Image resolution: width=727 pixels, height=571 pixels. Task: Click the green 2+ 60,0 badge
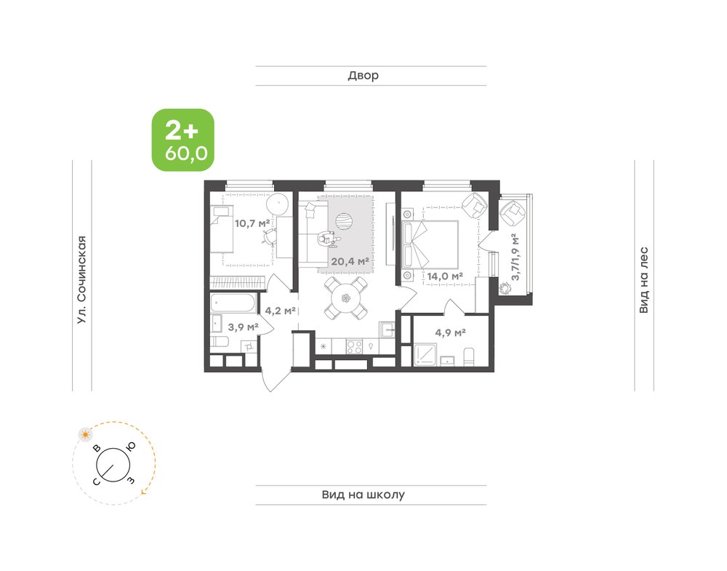(x=183, y=140)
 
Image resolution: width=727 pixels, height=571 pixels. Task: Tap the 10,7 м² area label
(x=252, y=223)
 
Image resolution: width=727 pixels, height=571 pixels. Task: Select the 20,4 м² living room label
(x=350, y=261)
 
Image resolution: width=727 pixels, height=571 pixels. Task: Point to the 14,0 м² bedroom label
(x=445, y=276)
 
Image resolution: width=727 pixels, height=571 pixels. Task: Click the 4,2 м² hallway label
(x=281, y=311)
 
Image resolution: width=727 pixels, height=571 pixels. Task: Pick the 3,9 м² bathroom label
(x=243, y=327)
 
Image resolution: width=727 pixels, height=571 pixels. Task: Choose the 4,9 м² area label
(x=450, y=332)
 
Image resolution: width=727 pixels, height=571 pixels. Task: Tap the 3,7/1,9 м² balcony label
(x=515, y=257)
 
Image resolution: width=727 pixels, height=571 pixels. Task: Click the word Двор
(x=363, y=75)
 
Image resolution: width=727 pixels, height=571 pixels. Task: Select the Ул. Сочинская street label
(x=81, y=280)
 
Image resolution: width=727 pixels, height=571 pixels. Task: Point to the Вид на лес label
(x=643, y=280)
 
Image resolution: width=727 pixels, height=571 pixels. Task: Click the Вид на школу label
(x=363, y=495)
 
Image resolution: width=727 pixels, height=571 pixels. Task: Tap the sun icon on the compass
(x=85, y=435)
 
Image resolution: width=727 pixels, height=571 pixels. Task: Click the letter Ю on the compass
(x=131, y=446)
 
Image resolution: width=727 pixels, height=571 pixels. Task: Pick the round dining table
(x=346, y=298)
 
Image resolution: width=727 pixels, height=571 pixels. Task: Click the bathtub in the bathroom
(x=233, y=303)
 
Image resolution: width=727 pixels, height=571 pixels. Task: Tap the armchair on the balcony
(x=513, y=212)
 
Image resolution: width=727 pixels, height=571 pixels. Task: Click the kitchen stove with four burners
(x=355, y=347)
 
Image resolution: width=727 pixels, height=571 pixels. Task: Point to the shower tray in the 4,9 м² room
(x=425, y=354)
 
